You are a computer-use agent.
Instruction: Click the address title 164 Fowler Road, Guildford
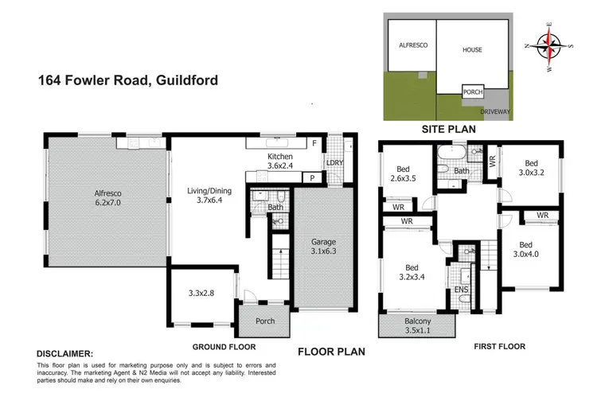tap(127, 80)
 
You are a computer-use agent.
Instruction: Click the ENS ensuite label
tap(461, 290)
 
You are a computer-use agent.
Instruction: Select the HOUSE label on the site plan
tap(473, 49)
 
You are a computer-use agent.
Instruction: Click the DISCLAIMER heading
tap(64, 353)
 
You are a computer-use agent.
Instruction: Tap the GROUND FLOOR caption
tap(224, 347)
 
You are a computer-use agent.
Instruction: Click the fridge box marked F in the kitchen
tap(315, 143)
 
